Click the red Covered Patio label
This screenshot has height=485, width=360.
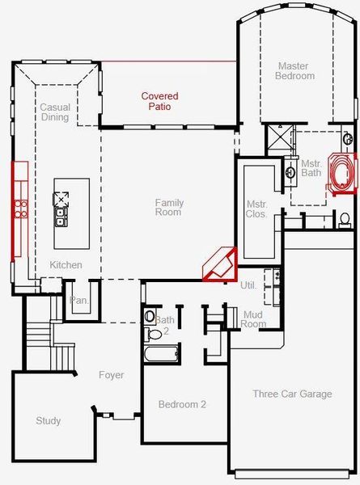(x=159, y=101)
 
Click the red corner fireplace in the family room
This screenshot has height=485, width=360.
(x=219, y=264)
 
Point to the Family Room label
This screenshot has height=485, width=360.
(x=169, y=208)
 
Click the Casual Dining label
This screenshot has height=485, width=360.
(x=55, y=112)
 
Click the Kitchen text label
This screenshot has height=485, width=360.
(x=66, y=265)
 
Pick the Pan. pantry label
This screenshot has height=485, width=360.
(x=78, y=300)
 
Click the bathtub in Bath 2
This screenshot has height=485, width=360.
(x=160, y=353)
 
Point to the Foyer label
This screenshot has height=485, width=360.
(x=111, y=375)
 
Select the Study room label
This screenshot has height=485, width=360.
(x=49, y=421)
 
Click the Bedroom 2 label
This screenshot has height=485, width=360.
(x=182, y=404)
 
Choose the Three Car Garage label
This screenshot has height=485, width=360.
(x=292, y=394)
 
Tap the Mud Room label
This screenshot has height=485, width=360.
(x=253, y=318)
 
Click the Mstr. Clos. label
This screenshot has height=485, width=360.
(x=256, y=209)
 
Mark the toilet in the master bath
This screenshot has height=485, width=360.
(x=345, y=219)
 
